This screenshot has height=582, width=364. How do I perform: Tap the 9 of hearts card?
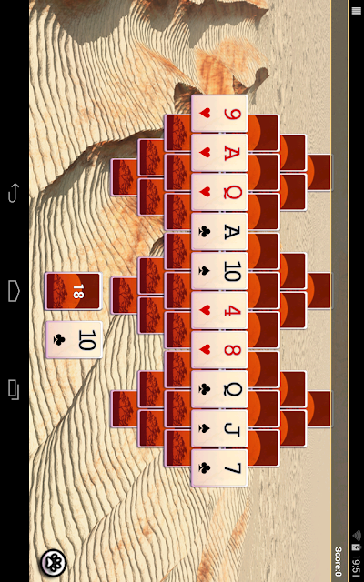219,114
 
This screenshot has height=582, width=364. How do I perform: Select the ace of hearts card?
219,153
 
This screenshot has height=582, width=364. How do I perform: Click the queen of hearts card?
219,192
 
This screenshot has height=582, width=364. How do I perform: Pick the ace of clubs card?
219,232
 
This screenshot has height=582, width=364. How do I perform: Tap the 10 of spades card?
219,271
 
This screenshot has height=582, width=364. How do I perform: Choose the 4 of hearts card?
219,310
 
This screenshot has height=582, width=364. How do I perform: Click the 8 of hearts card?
219,349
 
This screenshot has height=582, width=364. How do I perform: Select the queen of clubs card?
219,389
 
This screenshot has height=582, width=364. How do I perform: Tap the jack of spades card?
219,428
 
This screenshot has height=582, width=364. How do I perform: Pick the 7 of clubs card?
219,467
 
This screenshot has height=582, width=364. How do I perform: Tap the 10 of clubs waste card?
74,339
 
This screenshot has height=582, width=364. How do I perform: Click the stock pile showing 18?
74,291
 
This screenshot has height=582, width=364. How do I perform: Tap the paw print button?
53,563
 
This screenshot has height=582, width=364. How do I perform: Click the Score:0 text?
338,561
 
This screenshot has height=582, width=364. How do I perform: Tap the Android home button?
14,291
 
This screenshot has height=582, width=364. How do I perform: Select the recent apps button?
14,389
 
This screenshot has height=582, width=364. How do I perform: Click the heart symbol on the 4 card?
205,310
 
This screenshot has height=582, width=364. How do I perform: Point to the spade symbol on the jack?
205,428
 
